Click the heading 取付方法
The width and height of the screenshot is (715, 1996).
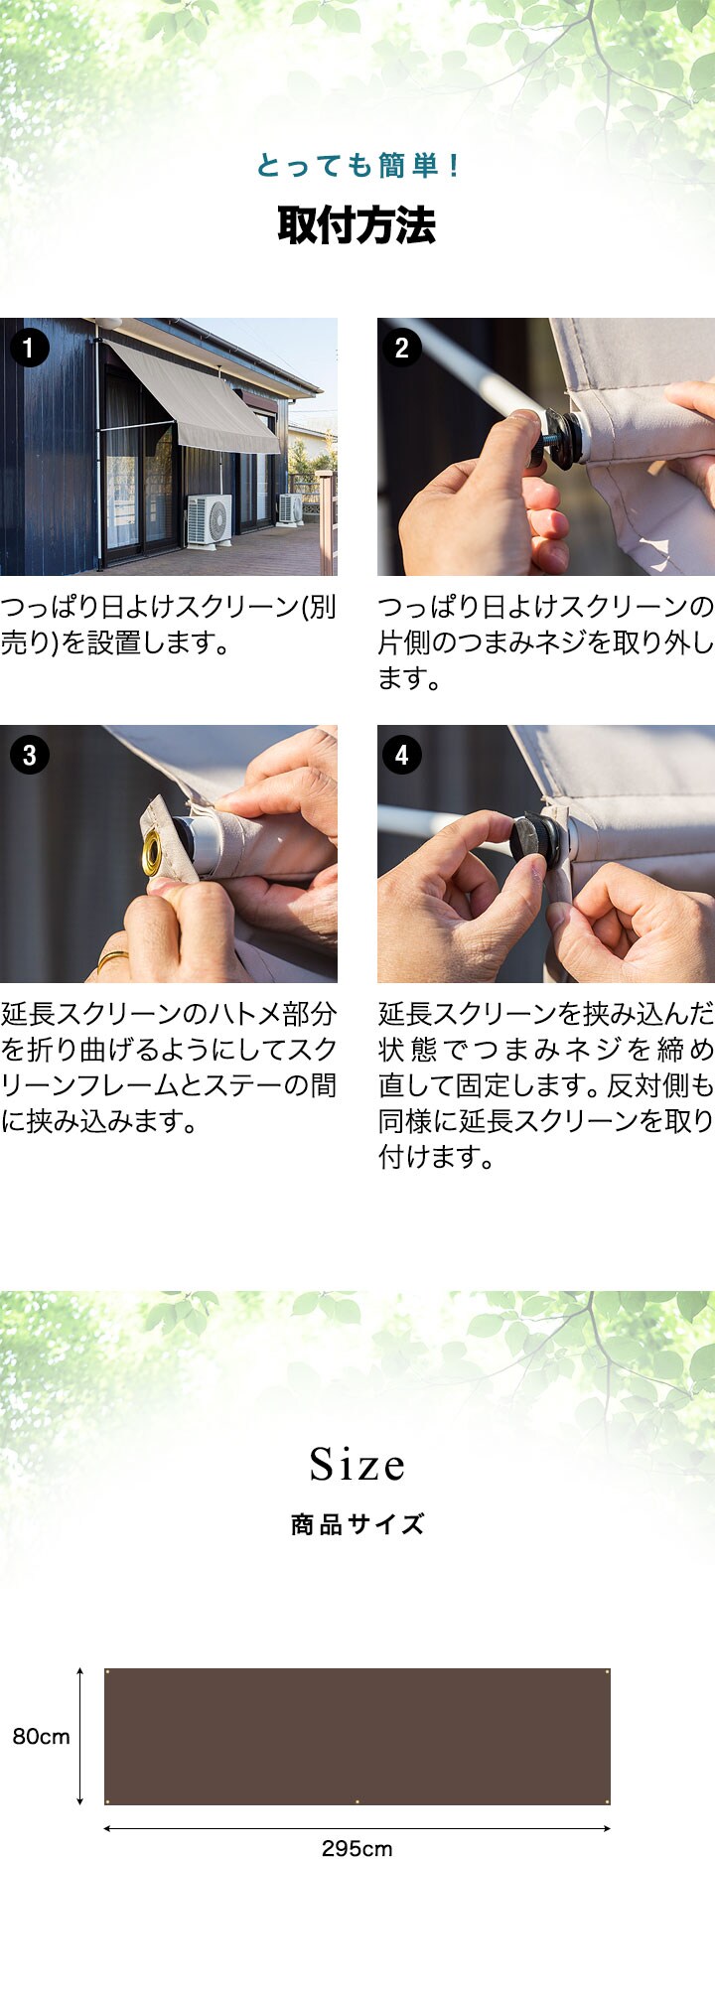(x=357, y=225)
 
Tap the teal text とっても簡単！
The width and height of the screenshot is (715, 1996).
(x=357, y=165)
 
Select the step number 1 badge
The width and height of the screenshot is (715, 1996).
(x=29, y=348)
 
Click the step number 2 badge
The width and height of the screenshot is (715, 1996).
(x=401, y=348)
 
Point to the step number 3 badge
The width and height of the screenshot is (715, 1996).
(x=29, y=755)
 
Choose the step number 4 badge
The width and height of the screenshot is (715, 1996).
(x=401, y=755)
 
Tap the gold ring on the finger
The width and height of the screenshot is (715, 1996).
(x=111, y=959)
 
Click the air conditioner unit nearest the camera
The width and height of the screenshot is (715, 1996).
(x=210, y=519)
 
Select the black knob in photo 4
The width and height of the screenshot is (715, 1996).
(x=537, y=840)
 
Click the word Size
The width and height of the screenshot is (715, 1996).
(x=357, y=1464)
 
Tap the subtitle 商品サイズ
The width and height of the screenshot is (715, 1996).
(x=357, y=1524)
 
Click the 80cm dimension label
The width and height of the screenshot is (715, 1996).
(x=41, y=1737)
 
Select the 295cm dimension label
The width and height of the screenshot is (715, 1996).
(x=357, y=1849)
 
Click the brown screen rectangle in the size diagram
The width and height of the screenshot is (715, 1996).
(x=357, y=1737)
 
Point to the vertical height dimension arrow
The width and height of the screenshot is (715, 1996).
(x=80, y=1737)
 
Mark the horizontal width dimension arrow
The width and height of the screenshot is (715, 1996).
(x=357, y=1827)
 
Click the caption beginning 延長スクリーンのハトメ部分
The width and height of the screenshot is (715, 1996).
(x=169, y=1068)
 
